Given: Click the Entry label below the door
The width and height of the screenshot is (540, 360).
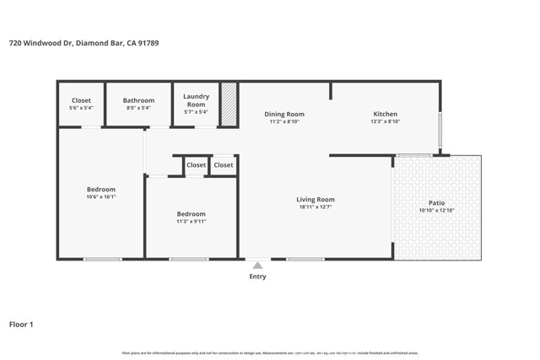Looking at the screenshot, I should point(257,277).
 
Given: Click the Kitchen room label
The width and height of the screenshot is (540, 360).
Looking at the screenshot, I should point(385,115).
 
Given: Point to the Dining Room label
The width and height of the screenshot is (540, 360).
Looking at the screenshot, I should point(284,115).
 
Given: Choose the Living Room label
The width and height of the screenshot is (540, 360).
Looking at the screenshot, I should point(316,200).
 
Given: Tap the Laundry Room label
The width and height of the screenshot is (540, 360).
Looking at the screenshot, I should point(196,100).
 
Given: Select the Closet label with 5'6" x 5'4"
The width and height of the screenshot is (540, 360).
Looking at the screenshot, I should point(81,100).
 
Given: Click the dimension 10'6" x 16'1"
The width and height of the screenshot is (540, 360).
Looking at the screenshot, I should point(101,197).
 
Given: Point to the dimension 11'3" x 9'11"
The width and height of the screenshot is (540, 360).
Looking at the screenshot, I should point(191,222).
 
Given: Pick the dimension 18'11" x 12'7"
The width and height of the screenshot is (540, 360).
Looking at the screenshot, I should point(316,207).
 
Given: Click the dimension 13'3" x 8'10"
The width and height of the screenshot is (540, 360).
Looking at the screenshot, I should point(385,122).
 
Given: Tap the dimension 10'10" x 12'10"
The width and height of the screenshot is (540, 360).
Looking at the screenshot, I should point(436,212).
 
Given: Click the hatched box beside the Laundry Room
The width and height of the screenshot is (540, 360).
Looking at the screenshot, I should point(229,105).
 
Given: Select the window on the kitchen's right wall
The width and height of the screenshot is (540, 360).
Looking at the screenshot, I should point(439,131).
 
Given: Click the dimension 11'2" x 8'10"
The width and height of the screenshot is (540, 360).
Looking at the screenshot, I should point(284,122).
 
